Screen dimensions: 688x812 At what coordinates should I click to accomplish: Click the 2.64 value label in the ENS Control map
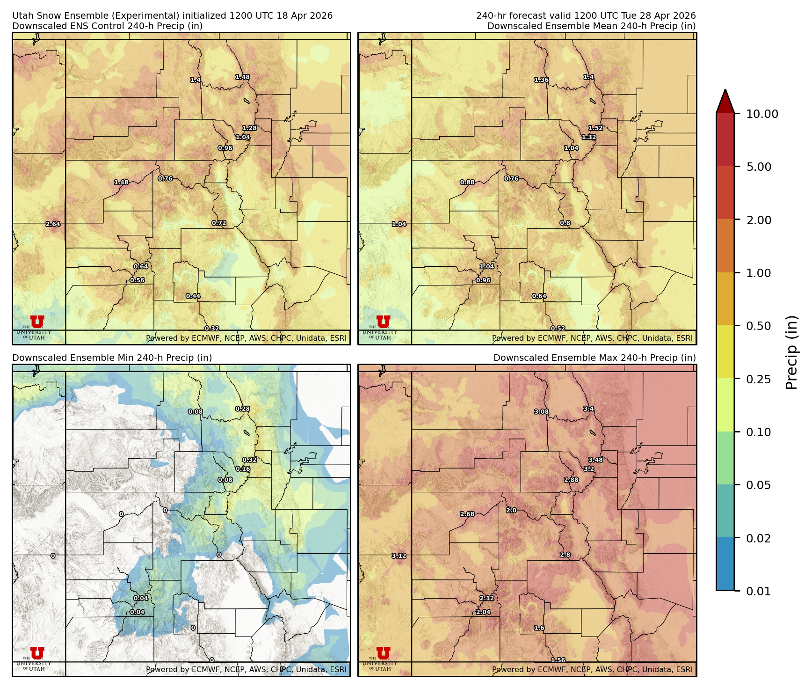click(53, 224)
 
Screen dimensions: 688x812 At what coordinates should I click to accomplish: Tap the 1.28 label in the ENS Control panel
click(250, 128)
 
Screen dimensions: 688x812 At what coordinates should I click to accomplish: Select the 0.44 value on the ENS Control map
click(193, 296)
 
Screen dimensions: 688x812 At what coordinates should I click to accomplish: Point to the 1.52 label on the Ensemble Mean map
click(595, 128)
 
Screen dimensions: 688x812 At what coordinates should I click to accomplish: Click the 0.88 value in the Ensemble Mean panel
click(467, 183)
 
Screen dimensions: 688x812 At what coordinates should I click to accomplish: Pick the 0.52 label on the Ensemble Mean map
click(558, 329)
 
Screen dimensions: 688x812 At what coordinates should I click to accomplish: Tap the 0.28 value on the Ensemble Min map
click(242, 409)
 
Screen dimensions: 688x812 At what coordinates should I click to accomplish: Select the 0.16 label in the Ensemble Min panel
click(243, 469)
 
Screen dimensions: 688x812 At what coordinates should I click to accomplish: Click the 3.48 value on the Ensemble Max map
click(595, 460)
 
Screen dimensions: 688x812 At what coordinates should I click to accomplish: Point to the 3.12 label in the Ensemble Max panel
click(399, 556)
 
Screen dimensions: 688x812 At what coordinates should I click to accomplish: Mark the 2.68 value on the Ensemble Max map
click(467, 514)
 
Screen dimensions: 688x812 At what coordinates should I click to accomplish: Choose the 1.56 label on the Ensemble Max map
click(558, 660)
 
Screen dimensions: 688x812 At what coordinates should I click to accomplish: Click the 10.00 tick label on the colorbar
click(762, 114)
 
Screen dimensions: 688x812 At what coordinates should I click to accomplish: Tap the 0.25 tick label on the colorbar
click(758, 379)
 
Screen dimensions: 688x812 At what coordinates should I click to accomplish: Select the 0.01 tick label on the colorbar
click(758, 592)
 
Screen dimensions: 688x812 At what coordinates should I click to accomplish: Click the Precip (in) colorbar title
click(791, 352)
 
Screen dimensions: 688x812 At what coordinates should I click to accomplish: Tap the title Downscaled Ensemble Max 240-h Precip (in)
click(594, 358)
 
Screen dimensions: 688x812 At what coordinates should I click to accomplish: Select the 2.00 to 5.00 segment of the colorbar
click(725, 193)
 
